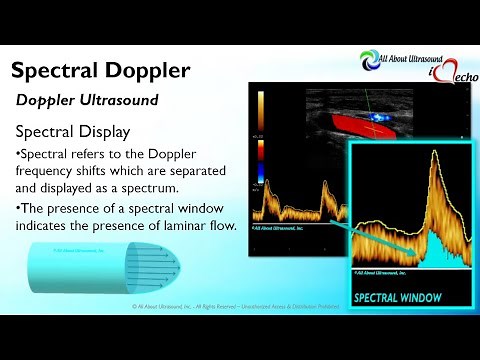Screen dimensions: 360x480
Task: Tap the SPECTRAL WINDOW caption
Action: click(x=401, y=297)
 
